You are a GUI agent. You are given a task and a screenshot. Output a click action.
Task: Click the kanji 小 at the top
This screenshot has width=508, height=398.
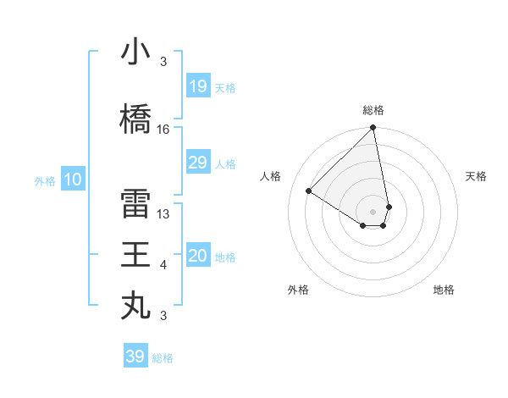(x=135, y=53)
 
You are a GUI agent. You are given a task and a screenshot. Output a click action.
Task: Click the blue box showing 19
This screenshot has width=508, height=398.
(x=197, y=86)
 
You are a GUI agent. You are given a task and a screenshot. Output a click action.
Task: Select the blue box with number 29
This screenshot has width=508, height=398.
(x=197, y=163)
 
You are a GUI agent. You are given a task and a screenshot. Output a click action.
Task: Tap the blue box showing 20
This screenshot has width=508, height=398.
(x=197, y=256)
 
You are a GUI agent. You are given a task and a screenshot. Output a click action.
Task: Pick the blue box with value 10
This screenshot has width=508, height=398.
(x=73, y=180)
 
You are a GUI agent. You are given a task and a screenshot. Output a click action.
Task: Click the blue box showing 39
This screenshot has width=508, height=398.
(x=135, y=357)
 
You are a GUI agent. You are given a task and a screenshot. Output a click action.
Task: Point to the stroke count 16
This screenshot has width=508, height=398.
(x=163, y=130)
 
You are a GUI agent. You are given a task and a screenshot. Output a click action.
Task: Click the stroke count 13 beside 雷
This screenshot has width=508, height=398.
(x=163, y=214)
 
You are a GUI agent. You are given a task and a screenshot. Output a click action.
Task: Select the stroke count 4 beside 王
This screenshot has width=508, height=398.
(x=163, y=265)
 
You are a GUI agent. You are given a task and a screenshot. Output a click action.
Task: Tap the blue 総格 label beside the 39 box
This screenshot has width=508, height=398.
(x=163, y=358)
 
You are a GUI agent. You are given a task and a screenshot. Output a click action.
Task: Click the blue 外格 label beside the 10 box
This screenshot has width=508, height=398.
(x=45, y=180)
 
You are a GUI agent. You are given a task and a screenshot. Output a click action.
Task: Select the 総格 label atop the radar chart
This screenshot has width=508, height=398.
(x=373, y=110)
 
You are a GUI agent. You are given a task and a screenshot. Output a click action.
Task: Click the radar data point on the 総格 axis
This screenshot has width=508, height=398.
(x=373, y=129)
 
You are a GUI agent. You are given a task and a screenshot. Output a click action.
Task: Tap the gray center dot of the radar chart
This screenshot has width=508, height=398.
(x=373, y=211)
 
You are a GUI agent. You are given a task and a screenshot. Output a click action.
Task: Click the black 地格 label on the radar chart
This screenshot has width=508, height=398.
(x=444, y=290)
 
